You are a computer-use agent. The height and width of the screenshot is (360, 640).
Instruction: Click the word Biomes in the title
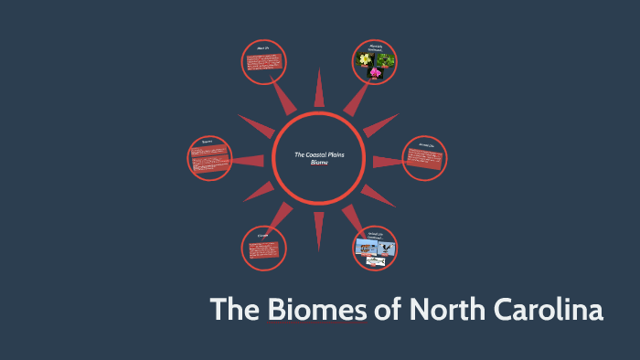316,310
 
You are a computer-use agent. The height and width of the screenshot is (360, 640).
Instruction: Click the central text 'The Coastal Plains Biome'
319,157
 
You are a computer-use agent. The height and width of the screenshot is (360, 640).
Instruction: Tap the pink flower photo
376,71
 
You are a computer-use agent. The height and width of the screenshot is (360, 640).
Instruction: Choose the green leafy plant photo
386,60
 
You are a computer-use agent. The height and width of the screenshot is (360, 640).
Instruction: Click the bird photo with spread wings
383,247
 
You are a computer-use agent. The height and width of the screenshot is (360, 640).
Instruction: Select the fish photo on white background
376,261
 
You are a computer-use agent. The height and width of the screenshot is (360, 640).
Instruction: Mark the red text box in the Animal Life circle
425,161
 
